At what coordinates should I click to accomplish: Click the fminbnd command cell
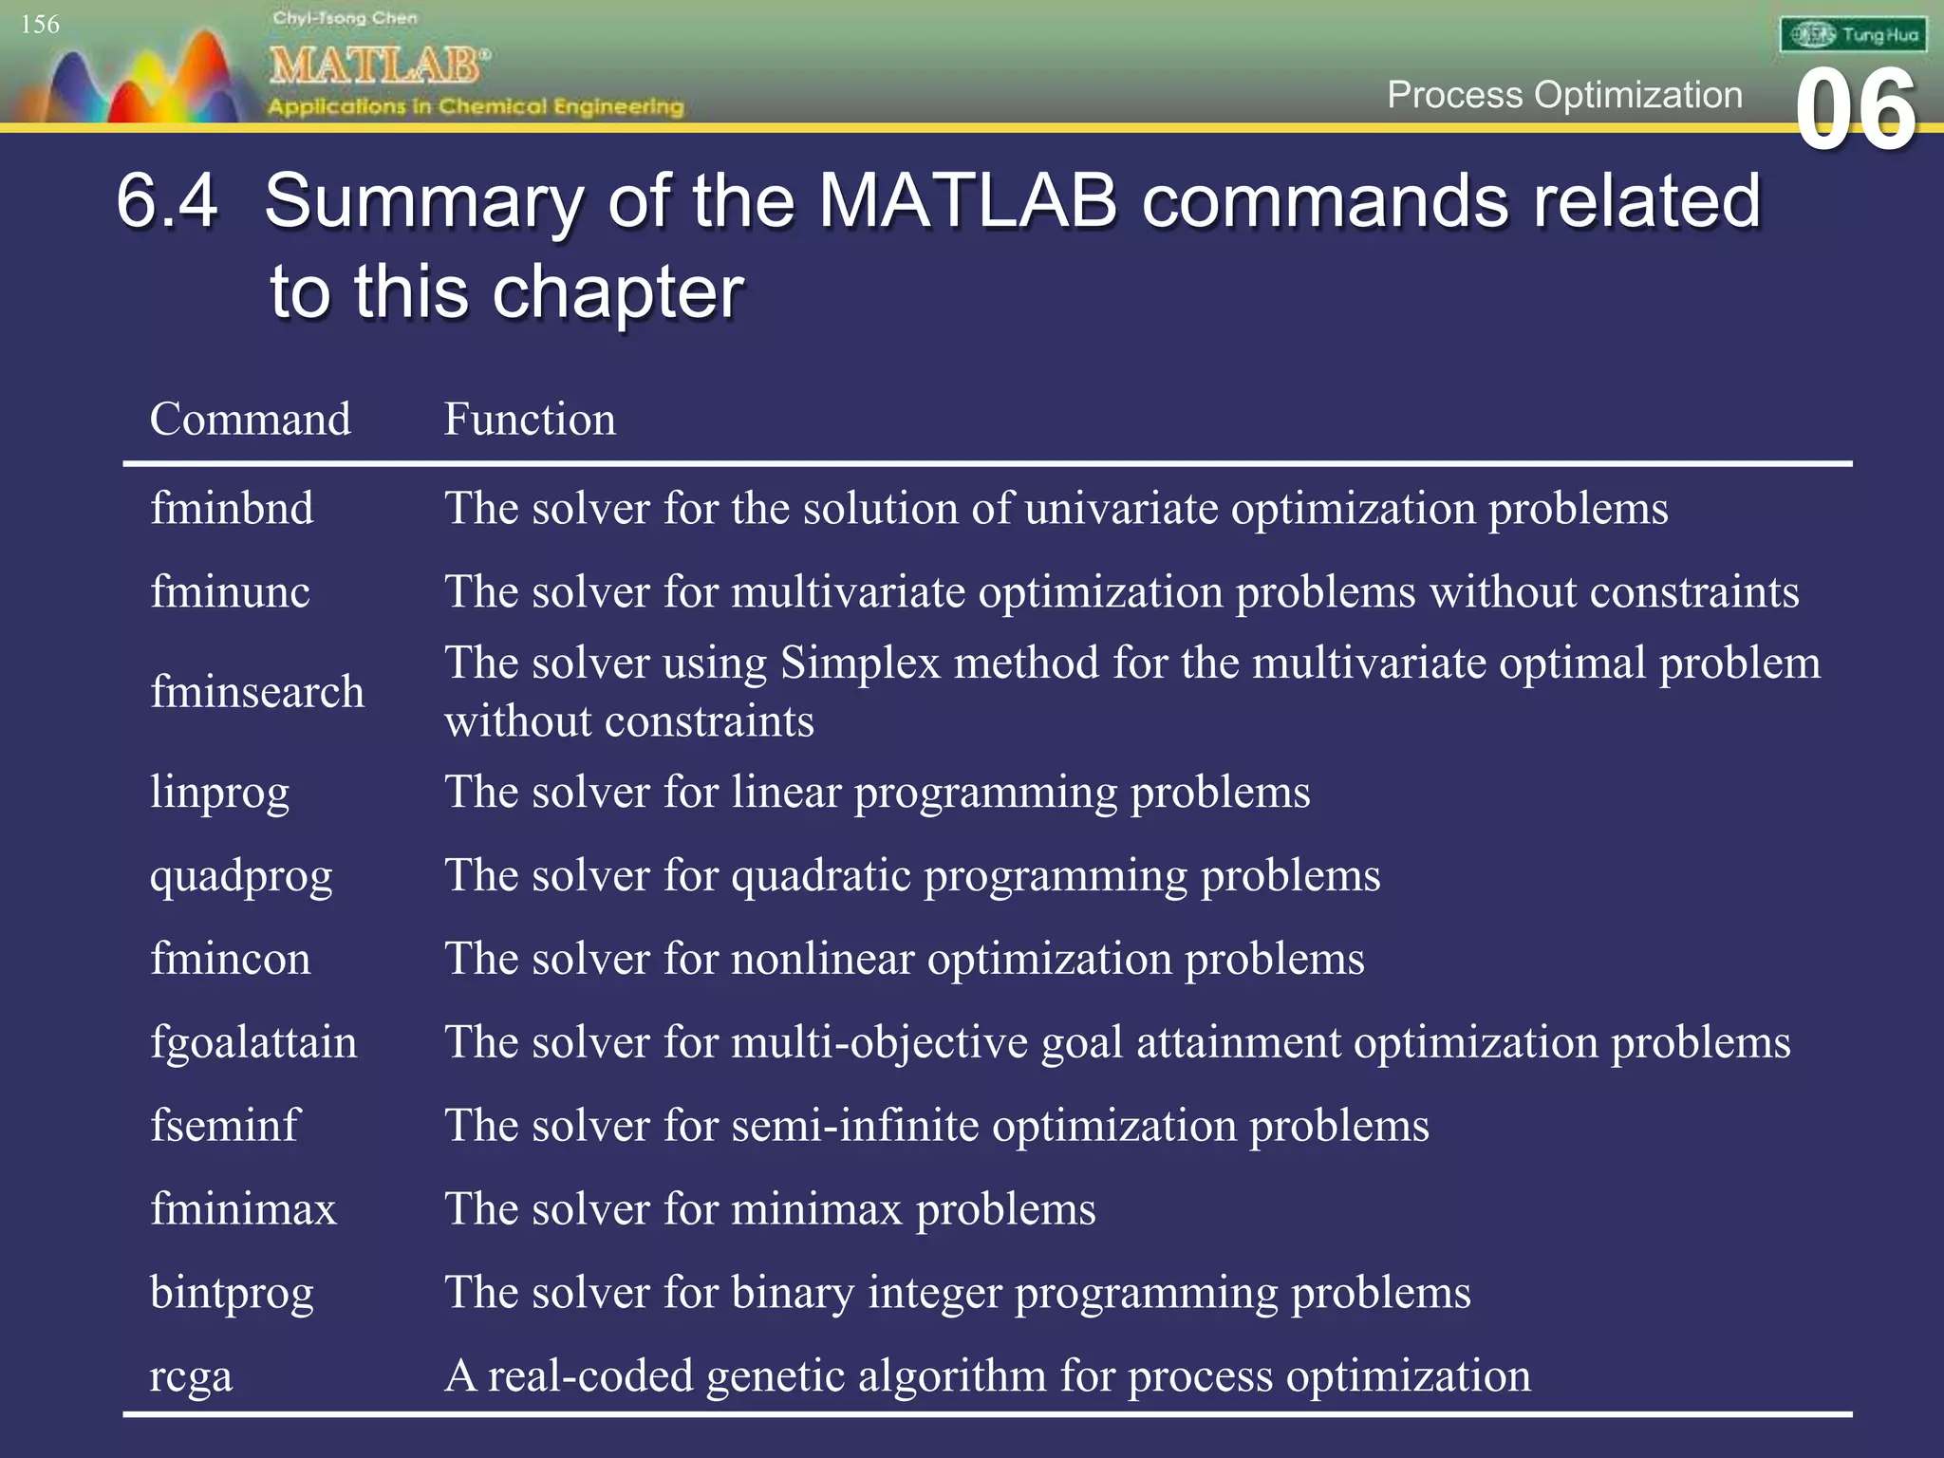232,509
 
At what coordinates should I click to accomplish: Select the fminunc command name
230,592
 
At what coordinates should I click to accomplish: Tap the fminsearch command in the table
256,692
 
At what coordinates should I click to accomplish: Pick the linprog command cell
219,792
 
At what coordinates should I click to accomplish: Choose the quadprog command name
241,875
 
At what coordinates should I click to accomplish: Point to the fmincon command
230,959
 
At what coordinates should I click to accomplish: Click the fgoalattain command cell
253,1042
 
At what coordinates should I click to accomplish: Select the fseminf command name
224,1126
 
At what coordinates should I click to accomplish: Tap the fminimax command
243,1209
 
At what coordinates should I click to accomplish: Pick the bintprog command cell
232,1293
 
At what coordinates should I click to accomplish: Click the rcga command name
191,1376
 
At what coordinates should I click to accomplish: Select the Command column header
250,420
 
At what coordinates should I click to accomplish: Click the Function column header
530,420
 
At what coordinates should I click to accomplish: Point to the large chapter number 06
1856,111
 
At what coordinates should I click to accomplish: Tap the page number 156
40,25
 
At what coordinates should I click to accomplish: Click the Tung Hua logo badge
1853,35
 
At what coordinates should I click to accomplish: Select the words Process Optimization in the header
1564,95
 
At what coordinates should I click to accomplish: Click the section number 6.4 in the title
167,201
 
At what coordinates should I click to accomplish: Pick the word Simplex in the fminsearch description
860,663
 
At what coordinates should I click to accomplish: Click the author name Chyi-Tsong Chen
345,18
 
